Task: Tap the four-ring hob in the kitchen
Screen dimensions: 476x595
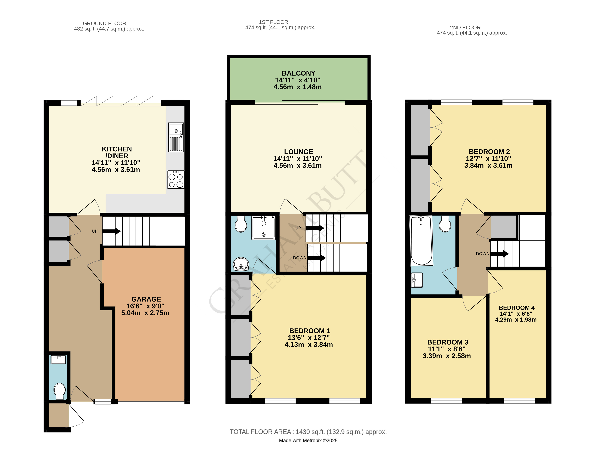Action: (176, 180)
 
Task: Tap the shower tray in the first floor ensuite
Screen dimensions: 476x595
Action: (264, 228)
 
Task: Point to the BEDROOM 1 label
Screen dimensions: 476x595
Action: (309, 331)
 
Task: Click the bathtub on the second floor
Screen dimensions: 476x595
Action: (421, 240)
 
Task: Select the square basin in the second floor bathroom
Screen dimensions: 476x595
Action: (417, 280)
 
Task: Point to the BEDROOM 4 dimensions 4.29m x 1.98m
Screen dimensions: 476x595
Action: (516, 320)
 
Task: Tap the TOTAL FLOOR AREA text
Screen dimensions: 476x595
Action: (308, 432)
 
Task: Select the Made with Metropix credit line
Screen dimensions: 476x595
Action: (308, 440)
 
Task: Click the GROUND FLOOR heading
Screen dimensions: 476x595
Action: (104, 23)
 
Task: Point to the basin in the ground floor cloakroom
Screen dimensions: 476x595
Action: (58, 359)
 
